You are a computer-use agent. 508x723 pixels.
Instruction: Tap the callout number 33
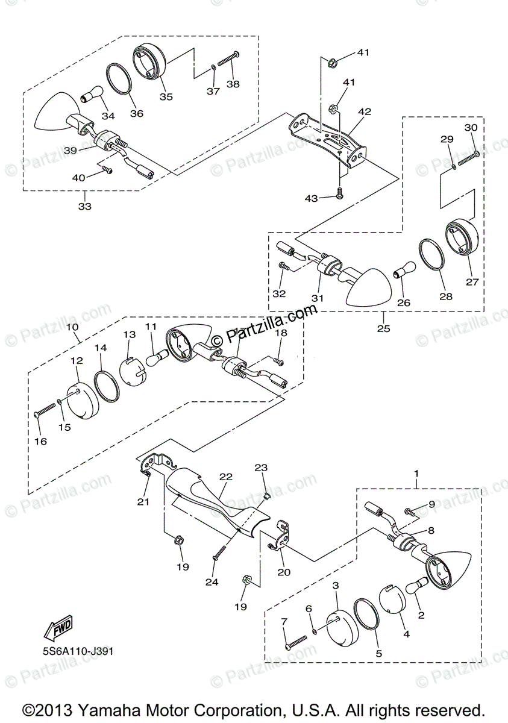85,207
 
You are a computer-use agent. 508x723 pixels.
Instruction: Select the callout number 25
383,328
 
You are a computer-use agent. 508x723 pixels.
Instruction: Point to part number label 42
365,111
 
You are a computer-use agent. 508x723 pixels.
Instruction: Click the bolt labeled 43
339,193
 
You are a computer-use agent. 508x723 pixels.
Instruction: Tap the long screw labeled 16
46,412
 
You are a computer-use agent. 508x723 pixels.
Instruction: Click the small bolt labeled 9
410,511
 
